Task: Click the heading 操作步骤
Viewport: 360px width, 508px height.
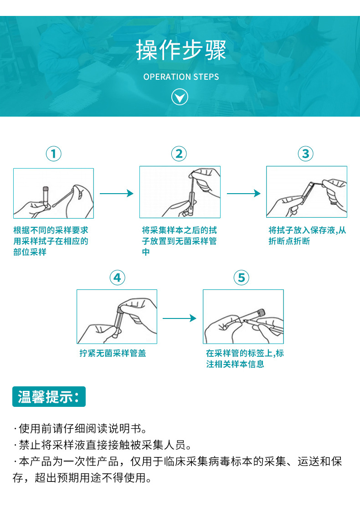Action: click(x=181, y=51)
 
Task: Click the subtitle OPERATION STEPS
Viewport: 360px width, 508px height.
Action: click(x=181, y=77)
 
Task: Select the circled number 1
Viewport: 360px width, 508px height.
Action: click(x=54, y=154)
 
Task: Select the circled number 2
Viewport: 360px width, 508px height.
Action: click(x=179, y=154)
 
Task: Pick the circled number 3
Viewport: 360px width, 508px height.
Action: click(x=306, y=154)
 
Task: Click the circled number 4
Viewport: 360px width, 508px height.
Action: click(x=117, y=277)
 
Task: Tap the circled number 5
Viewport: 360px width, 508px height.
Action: click(x=242, y=277)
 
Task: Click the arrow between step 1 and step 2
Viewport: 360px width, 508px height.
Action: click(x=116, y=194)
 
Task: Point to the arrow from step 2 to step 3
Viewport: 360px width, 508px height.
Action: click(x=243, y=194)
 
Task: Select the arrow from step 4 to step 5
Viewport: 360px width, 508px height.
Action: click(x=180, y=318)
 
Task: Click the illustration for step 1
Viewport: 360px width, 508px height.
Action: click(x=53, y=193)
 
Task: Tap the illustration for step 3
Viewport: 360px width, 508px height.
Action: click(x=306, y=192)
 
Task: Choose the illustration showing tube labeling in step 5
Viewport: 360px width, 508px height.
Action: click(x=243, y=317)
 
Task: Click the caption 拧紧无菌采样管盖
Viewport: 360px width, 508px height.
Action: click(x=113, y=354)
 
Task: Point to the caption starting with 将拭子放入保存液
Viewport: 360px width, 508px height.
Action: click(x=307, y=236)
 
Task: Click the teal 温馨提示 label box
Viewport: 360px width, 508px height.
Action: click(x=49, y=396)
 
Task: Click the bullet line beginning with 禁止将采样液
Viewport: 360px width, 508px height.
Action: click(x=103, y=445)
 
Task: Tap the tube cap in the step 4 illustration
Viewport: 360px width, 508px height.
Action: click(x=121, y=310)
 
